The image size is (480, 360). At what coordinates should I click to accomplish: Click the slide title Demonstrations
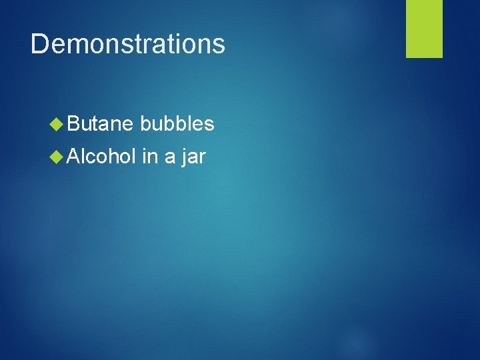point(128,44)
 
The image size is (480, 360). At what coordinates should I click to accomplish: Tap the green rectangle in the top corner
point(425,28)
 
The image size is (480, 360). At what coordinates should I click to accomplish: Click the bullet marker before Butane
point(58,124)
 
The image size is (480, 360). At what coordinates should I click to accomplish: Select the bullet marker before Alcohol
point(58,157)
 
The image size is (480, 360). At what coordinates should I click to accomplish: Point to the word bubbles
point(177,124)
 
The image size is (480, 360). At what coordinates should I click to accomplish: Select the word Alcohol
point(102,157)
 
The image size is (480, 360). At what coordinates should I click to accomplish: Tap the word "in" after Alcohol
point(149,157)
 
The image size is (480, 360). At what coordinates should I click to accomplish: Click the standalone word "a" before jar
point(170,159)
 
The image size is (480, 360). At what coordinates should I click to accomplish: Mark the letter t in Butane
point(96,124)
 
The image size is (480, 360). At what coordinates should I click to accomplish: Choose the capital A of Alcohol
point(75,157)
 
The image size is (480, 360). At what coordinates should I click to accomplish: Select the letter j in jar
point(184,159)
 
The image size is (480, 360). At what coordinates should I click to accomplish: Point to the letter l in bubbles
point(191,124)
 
